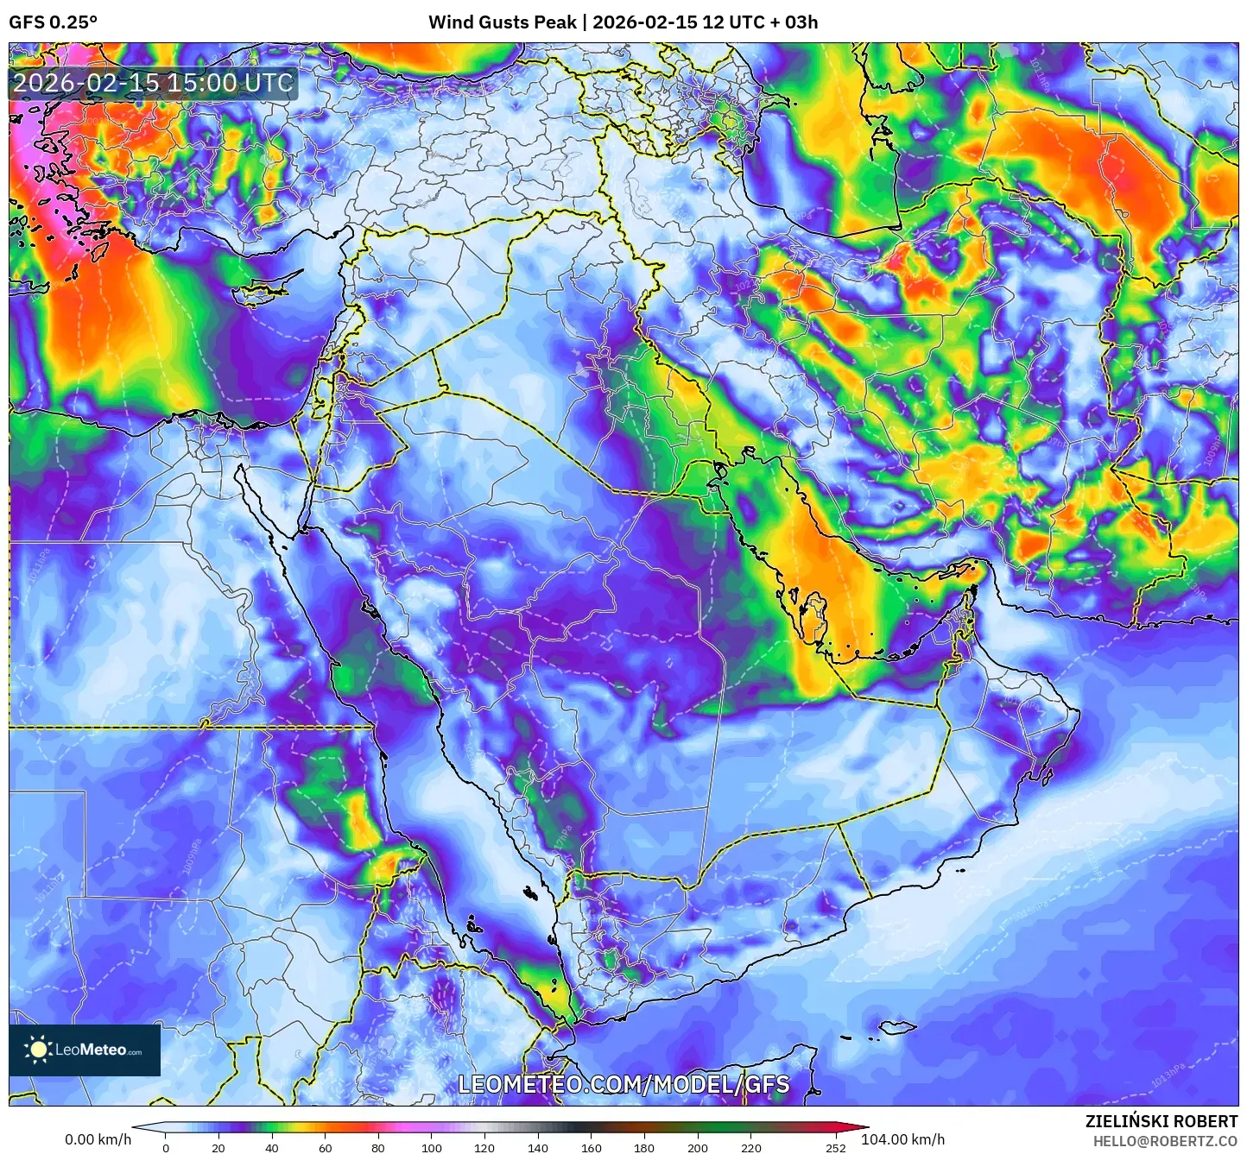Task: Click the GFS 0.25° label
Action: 53,22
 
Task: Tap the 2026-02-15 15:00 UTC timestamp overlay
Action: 153,83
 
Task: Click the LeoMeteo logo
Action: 85,1050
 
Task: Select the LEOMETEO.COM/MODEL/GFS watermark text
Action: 623,1084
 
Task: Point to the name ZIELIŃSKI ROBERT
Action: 1162,1121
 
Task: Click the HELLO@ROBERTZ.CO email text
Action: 1165,1141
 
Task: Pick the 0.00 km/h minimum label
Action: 98,1139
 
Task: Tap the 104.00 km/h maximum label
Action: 902,1139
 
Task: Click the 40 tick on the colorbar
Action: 272,1147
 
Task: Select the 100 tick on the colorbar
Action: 432,1147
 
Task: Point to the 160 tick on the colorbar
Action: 592,1147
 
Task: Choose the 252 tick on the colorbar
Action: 835,1147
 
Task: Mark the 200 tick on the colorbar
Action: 698,1147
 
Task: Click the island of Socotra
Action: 898,1027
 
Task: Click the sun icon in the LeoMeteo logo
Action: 39,1050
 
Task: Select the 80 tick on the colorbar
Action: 378,1147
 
